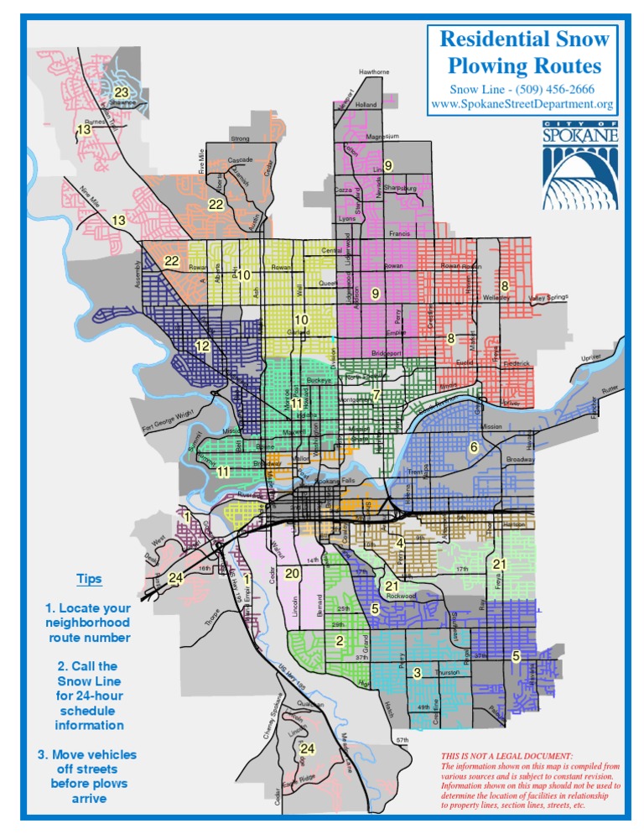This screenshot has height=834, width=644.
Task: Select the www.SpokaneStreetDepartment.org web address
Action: tap(522, 105)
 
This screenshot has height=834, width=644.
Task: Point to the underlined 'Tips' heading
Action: tap(89, 579)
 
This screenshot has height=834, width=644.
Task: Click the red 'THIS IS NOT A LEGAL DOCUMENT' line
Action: tap(507, 755)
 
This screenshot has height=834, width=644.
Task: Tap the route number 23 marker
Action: tap(122, 92)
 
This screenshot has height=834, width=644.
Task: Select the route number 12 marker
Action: tap(202, 346)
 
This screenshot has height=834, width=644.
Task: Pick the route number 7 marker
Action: tap(377, 395)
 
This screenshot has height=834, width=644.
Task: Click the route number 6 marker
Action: tap(474, 447)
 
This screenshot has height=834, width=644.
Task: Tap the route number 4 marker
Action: tap(401, 544)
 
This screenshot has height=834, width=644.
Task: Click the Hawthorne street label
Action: tap(374, 72)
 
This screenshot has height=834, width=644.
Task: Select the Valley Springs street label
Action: tap(549, 298)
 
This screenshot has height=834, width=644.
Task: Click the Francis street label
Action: tap(400, 234)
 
